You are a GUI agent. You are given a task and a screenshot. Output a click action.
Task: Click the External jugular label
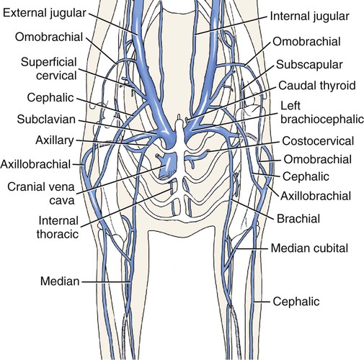coord(44,14)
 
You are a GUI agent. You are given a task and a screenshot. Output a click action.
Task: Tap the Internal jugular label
coord(309,17)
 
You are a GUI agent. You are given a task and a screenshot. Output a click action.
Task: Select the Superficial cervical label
coord(49,69)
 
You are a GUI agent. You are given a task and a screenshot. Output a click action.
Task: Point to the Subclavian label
coord(46,120)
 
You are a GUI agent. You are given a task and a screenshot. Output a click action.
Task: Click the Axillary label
coord(55,140)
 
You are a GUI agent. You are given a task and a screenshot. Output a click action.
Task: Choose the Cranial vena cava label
coord(41,193)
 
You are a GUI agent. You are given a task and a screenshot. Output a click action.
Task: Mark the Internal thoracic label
coord(58,228)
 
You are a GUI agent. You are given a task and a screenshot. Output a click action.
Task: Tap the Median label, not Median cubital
coord(60,281)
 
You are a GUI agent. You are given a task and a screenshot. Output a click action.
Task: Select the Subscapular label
coord(309,65)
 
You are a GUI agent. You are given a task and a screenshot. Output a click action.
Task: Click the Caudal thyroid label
coord(317,86)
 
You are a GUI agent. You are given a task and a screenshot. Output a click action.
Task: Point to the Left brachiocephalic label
coord(322,112)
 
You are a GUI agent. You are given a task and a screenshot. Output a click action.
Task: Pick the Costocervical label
coord(318,141)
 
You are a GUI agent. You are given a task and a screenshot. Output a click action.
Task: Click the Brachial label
coord(298,219)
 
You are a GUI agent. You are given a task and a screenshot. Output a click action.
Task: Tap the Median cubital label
coord(309,248)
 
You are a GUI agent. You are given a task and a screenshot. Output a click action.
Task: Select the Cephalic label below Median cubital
coord(296,302)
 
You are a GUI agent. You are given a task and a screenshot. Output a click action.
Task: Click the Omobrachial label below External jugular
coord(49,37)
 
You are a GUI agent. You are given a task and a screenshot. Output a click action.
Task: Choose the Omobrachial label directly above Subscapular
coord(306,42)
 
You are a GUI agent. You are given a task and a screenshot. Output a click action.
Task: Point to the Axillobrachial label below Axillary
coord(35,164)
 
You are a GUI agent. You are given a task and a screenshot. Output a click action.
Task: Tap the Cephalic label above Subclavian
coord(50,98)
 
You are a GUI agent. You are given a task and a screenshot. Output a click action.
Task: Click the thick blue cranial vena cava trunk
coord(168,166)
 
